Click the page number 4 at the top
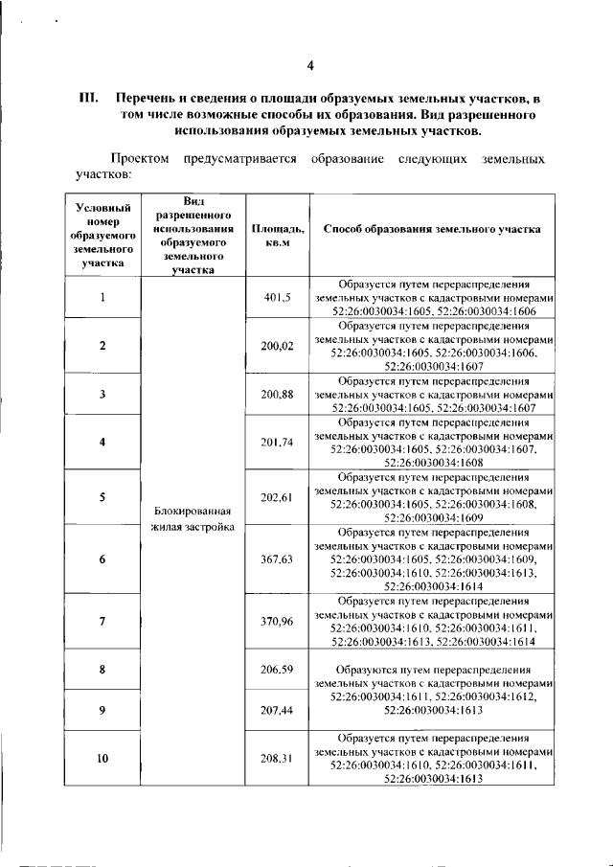click(309, 65)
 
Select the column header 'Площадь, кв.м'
click(278, 236)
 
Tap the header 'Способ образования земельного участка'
click(432, 230)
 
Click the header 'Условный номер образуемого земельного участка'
click(102, 236)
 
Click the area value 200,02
click(278, 345)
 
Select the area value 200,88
click(278, 394)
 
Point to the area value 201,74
click(278, 442)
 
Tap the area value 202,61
click(278, 496)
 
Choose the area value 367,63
click(278, 559)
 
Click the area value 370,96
click(278, 621)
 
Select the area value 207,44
click(278, 710)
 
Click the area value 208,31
click(278, 759)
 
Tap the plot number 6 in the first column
click(102, 559)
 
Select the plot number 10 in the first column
click(102, 759)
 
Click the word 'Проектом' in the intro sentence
click(140, 158)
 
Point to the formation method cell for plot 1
click(433, 299)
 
